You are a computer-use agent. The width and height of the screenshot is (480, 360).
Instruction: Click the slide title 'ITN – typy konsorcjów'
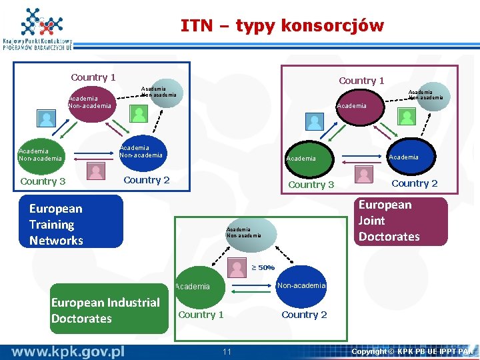[282, 26]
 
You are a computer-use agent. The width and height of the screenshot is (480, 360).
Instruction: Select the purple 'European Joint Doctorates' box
[397, 221]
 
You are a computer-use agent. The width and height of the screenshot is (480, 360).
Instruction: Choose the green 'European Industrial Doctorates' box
[109, 309]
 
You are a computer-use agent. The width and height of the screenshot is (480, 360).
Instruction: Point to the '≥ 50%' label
[263, 268]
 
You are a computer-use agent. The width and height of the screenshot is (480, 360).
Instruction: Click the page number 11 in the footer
[227, 351]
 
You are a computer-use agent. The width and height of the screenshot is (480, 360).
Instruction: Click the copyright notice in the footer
[412, 351]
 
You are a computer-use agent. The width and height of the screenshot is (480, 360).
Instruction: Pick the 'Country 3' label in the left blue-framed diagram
[43, 181]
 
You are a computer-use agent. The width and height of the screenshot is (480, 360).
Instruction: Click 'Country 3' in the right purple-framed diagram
[311, 185]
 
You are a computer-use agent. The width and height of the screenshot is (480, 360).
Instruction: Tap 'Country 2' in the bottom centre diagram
[304, 315]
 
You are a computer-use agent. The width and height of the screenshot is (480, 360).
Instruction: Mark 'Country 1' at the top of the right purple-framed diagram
[361, 81]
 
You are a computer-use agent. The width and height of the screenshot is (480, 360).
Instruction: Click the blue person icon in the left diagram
[47, 119]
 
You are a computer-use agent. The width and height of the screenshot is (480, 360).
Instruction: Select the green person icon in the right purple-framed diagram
[406, 116]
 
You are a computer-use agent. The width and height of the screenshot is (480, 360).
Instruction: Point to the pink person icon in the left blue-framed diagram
[97, 172]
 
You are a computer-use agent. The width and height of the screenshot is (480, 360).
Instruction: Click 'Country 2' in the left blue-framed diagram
[147, 180]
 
